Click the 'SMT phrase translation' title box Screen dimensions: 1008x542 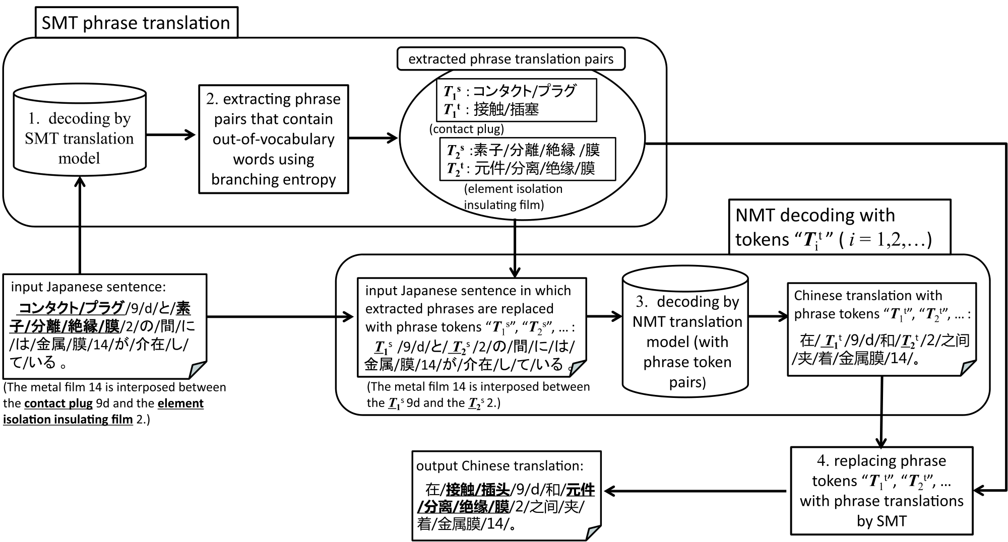136,22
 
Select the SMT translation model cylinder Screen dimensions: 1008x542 80,130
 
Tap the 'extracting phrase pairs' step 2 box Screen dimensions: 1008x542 274,139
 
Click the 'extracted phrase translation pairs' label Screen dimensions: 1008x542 511,59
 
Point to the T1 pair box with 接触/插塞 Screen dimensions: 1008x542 517,100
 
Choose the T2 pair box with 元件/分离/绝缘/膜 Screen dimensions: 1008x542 528,159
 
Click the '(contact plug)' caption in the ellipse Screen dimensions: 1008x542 467,129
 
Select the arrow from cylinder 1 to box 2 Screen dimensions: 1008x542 171,134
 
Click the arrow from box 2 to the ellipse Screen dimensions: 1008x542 373,138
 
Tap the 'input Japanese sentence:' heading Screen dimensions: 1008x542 88,287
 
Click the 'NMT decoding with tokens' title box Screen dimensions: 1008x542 840,227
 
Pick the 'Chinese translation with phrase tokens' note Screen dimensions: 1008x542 882,329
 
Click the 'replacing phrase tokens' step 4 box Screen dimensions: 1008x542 881,491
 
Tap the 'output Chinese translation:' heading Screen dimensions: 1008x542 499,465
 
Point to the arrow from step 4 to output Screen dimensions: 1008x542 696,491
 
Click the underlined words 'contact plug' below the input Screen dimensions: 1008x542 58,403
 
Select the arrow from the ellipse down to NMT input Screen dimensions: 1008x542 515,249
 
